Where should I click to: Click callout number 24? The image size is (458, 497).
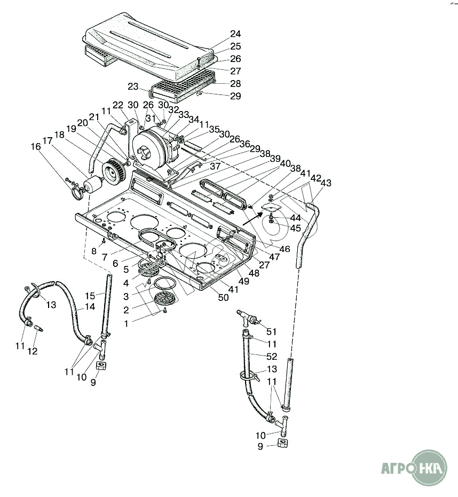(x=235, y=34)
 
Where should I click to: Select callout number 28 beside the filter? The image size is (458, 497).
(x=235, y=84)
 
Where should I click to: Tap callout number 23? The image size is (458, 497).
(x=133, y=86)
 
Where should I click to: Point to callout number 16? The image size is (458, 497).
(x=35, y=147)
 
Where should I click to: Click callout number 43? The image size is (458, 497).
(x=326, y=183)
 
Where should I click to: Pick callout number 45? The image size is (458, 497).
(x=295, y=228)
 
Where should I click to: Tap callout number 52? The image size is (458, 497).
(x=272, y=356)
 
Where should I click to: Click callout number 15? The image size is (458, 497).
(x=90, y=295)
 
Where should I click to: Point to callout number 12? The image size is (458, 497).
(x=33, y=351)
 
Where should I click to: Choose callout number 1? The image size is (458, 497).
(x=126, y=324)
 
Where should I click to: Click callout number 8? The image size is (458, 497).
(x=94, y=251)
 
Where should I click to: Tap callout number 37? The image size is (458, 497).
(x=215, y=167)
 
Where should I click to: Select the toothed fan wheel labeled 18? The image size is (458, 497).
(x=115, y=171)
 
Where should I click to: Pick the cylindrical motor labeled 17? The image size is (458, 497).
(x=93, y=186)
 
